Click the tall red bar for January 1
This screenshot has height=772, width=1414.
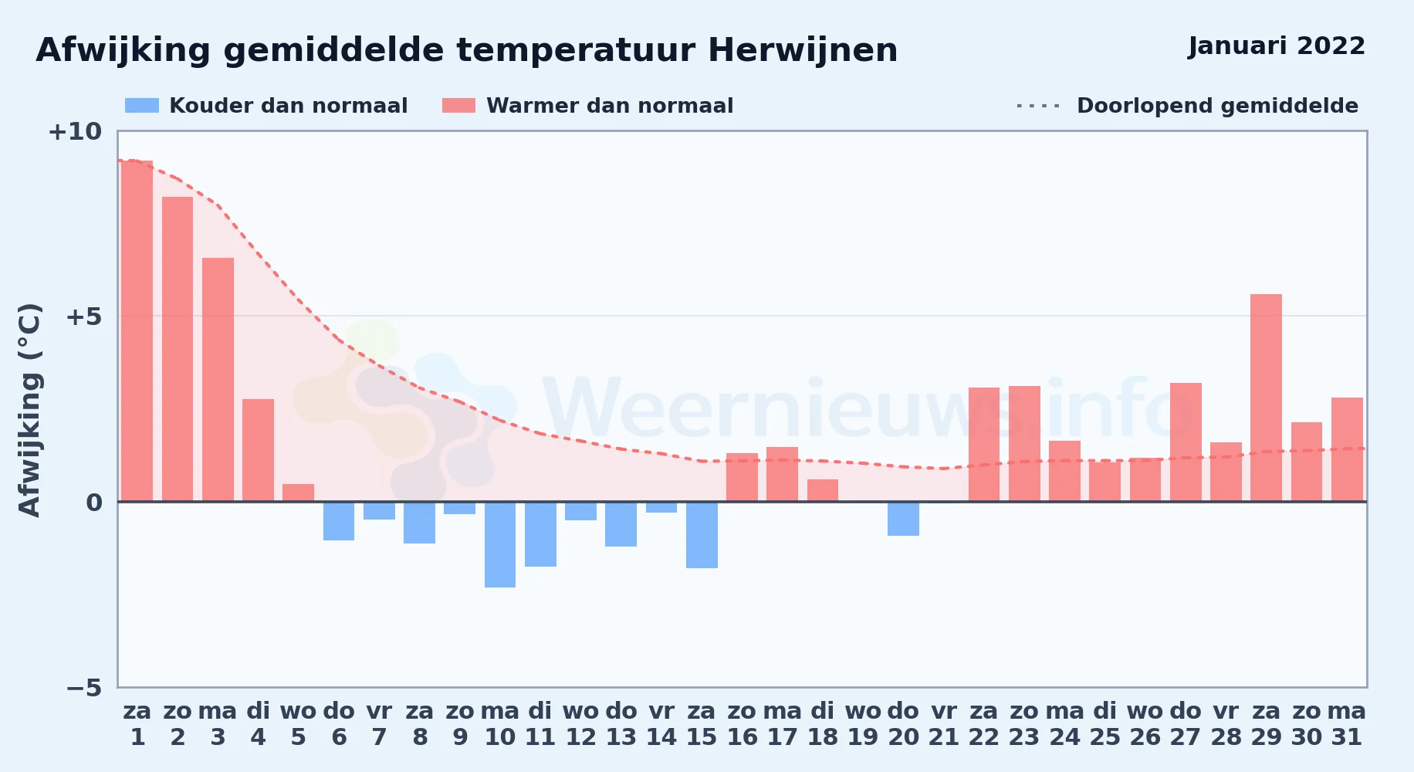(x=137, y=331)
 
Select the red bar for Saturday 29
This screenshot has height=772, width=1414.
(x=1266, y=398)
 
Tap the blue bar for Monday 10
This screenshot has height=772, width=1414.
(x=500, y=544)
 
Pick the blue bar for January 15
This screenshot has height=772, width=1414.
(x=702, y=535)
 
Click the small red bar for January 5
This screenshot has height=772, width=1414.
(x=298, y=493)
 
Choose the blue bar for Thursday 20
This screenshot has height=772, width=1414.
(x=903, y=519)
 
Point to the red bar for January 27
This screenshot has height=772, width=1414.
(x=1186, y=442)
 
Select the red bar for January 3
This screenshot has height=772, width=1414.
(x=218, y=380)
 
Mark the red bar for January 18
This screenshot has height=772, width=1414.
(x=823, y=490)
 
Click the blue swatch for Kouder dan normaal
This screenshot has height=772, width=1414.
(x=142, y=106)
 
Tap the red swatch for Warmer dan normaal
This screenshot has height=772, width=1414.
(x=459, y=106)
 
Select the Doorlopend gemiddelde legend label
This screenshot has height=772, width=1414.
(x=1217, y=106)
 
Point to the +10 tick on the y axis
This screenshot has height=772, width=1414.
(x=75, y=131)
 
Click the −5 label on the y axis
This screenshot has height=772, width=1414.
(x=84, y=687)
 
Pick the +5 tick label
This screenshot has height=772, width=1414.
(x=84, y=317)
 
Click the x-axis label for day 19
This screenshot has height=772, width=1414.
(x=863, y=723)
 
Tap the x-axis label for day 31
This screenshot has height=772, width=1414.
(x=1347, y=723)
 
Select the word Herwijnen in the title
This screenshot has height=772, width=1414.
(x=803, y=51)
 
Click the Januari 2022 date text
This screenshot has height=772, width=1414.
(x=1277, y=46)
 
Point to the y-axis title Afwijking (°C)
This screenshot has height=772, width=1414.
(x=29, y=410)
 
